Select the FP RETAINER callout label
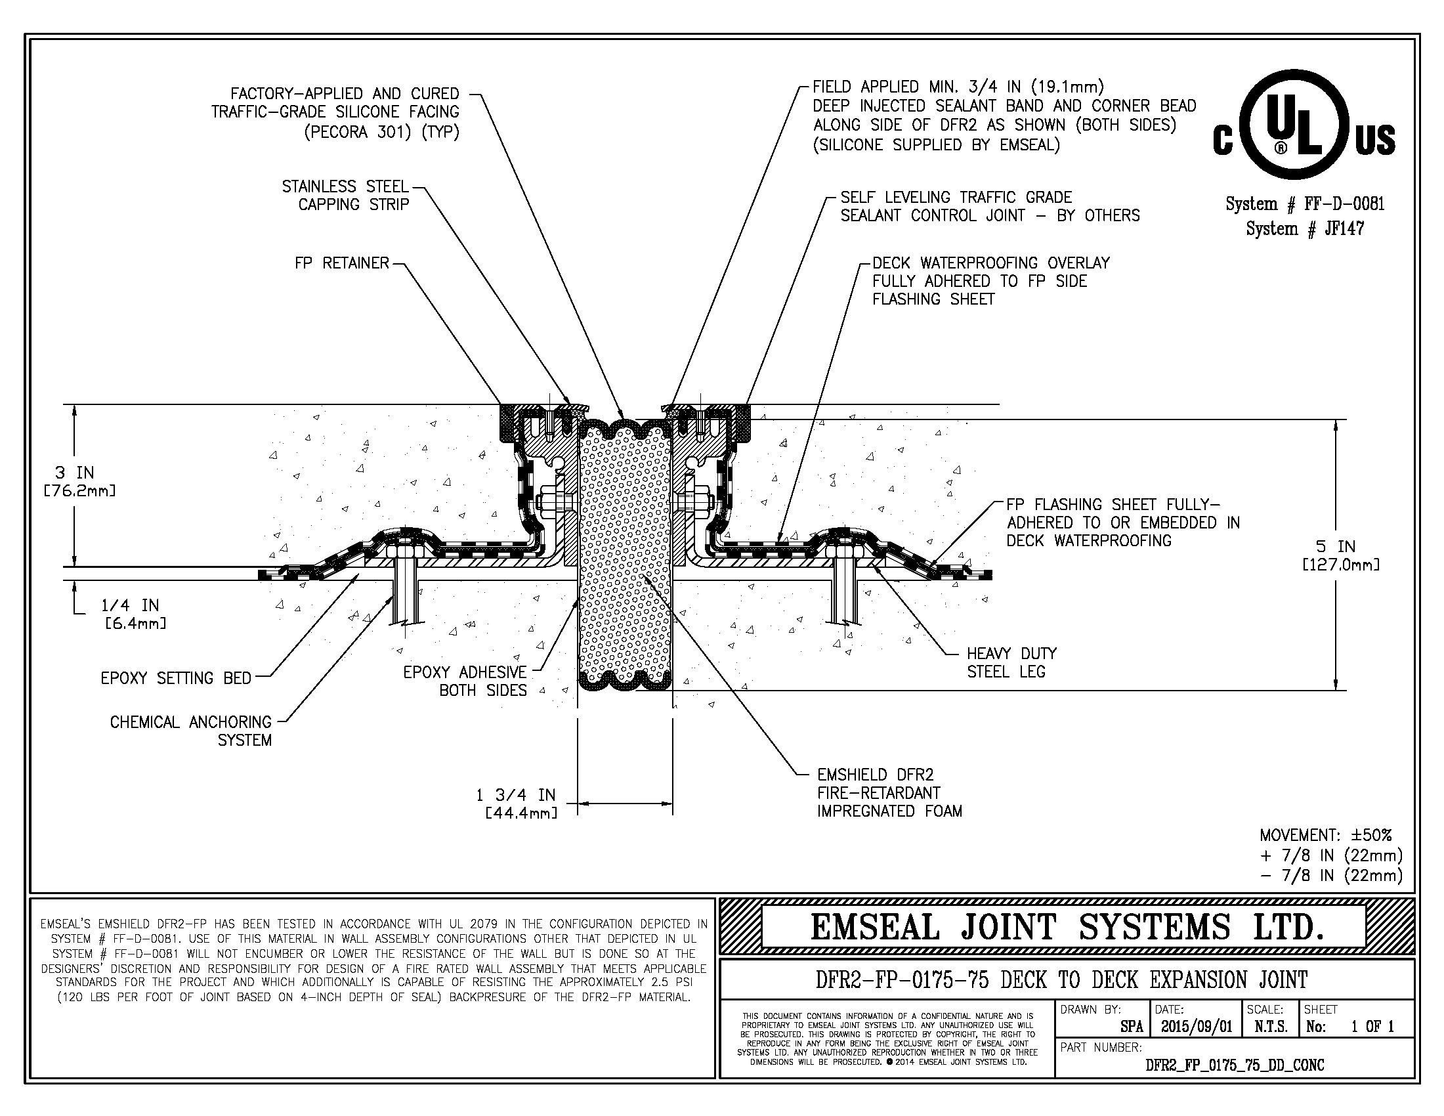[x=342, y=263]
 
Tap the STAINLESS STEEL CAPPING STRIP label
[x=346, y=196]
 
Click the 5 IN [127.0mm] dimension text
[x=1340, y=555]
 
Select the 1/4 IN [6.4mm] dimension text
[x=132, y=614]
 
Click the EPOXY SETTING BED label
[x=176, y=678]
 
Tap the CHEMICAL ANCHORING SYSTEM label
[x=191, y=731]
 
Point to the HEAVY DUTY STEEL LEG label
[x=1011, y=662]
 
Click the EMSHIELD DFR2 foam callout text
[x=889, y=793]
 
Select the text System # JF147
[x=1304, y=228]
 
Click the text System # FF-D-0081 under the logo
[x=1304, y=204]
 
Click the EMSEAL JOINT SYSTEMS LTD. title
[x=1067, y=927]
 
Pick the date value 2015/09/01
[x=1196, y=1027]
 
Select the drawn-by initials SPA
[x=1132, y=1027]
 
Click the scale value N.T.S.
[x=1271, y=1027]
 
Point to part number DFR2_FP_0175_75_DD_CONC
[x=1235, y=1065]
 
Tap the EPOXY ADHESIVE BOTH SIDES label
[x=465, y=681]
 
